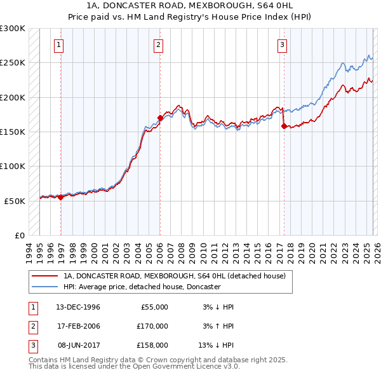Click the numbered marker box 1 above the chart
(x=58, y=44)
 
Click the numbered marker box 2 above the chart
(x=157, y=44)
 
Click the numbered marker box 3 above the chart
(x=281, y=44)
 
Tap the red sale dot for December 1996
(x=61, y=197)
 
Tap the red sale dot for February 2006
(x=160, y=118)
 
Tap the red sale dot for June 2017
(x=283, y=126)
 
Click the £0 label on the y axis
(x=19, y=235)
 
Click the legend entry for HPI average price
(x=142, y=287)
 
